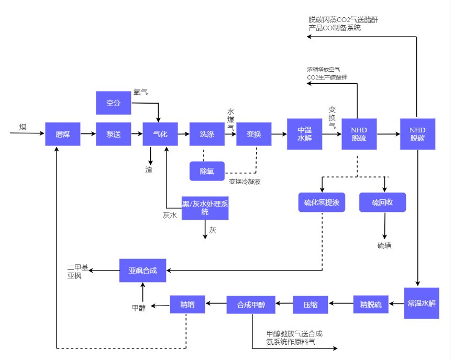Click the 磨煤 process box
point(62,134)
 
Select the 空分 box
point(113,103)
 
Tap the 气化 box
point(160,134)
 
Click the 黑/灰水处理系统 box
point(205,208)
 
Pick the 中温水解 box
point(304,134)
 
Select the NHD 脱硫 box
point(359,134)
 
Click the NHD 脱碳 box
point(417,134)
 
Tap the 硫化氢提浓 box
point(322,202)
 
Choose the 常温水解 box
point(421,303)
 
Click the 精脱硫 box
point(371,304)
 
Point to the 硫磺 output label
point(384,246)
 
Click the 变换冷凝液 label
point(245,182)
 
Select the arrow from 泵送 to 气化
point(137,134)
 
